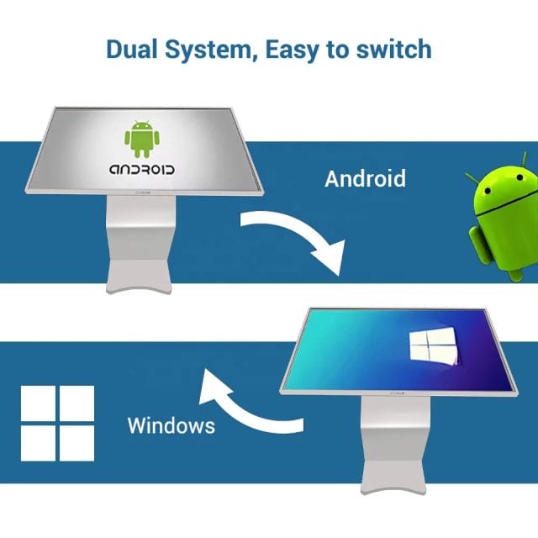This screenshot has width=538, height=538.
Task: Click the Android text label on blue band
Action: [365, 179]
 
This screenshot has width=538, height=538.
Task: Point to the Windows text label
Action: [171, 425]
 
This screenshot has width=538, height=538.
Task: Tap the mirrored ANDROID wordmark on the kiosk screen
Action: [141, 169]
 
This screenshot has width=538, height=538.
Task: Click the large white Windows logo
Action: [57, 422]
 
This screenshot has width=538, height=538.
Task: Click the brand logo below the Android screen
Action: [141, 200]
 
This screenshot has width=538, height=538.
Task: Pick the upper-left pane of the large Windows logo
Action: [39, 403]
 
